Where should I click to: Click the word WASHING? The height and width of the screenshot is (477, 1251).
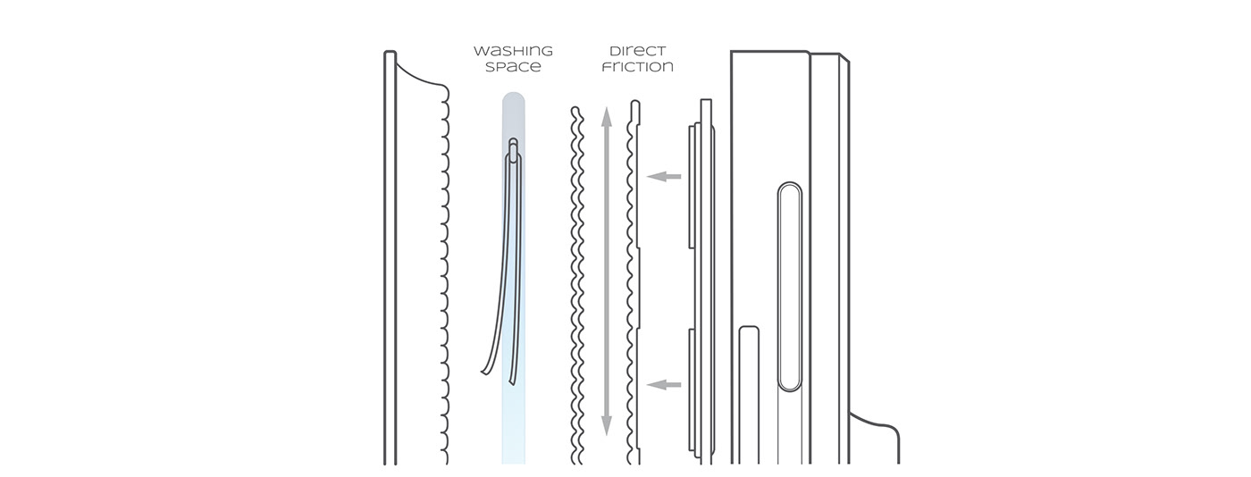(512, 50)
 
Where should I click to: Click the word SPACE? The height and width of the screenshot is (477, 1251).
(512, 67)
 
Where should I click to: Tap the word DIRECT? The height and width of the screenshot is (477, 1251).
(637, 50)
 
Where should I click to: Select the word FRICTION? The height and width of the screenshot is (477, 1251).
(637, 67)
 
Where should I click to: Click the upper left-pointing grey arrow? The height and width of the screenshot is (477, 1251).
(663, 177)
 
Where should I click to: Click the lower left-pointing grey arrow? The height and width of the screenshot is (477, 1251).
(663, 385)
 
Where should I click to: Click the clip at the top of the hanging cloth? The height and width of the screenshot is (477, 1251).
(513, 148)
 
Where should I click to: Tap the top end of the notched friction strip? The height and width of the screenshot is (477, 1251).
(635, 104)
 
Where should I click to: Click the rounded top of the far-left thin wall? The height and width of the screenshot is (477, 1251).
(390, 54)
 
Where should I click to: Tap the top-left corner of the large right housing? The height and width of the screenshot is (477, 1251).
(732, 54)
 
